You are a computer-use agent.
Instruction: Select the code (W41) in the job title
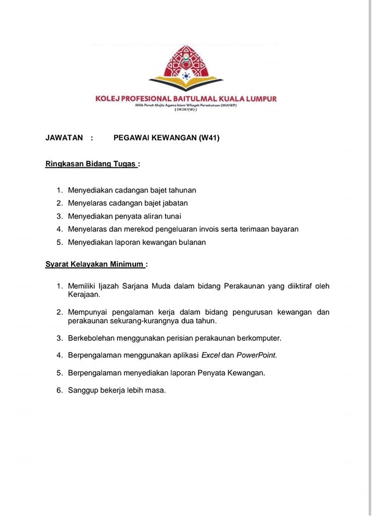[x=209, y=138]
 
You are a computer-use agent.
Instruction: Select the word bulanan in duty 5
[x=192, y=242]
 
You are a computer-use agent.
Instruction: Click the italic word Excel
[x=210, y=355]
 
